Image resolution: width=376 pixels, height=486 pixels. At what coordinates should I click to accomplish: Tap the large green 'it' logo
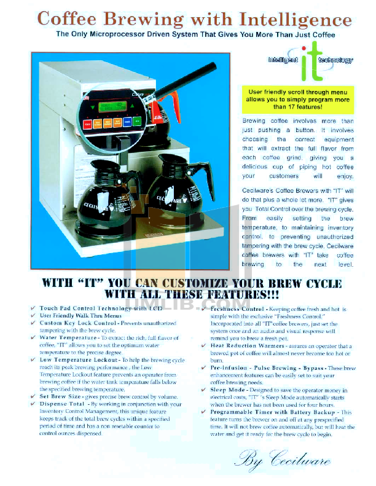tap(310, 61)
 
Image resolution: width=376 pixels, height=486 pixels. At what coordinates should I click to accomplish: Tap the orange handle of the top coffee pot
tap(174, 99)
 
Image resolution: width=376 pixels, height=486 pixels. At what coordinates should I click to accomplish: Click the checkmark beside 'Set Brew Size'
tap(34, 397)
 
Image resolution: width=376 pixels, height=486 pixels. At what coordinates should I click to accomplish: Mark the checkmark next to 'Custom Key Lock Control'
tap(34, 323)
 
